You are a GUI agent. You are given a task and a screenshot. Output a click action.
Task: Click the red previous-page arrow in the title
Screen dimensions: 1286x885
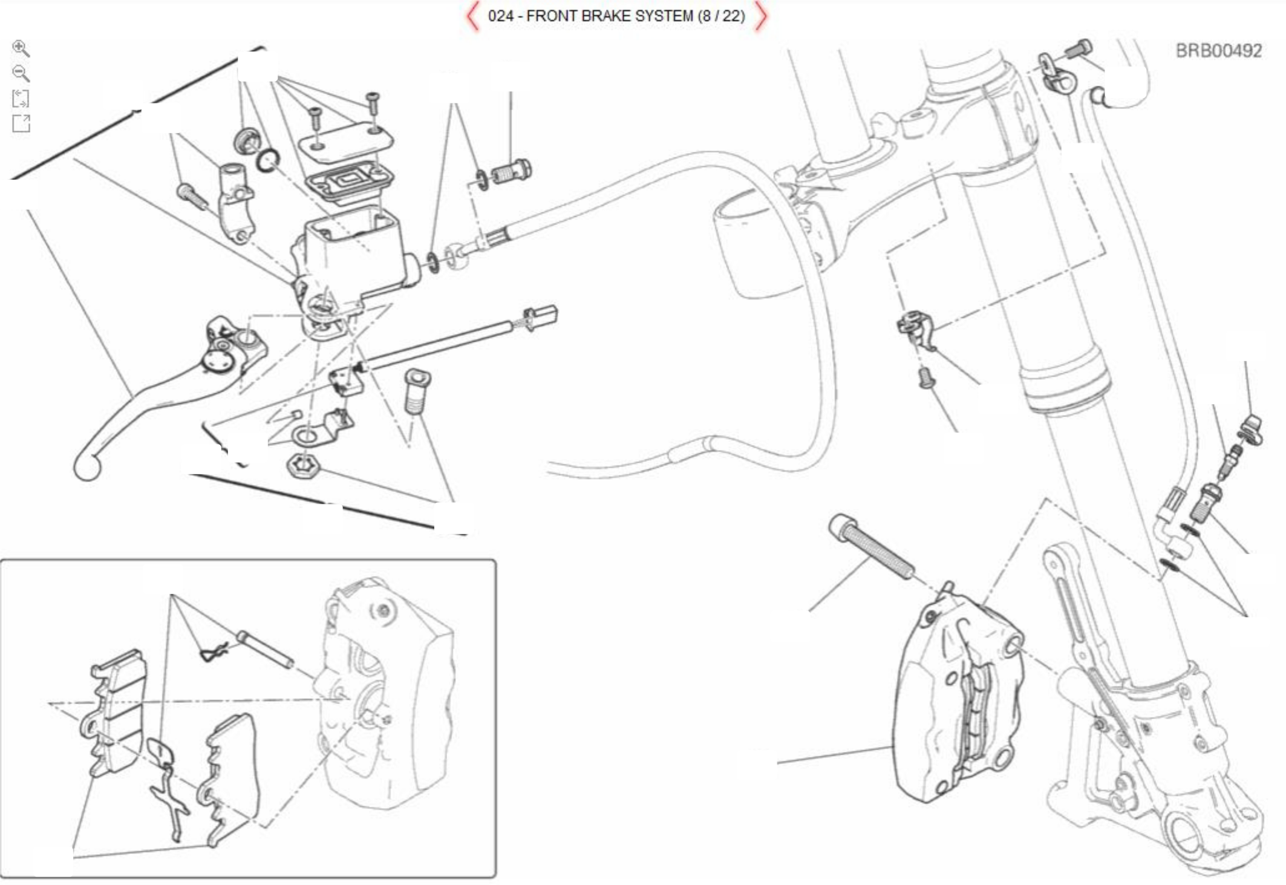[472, 16]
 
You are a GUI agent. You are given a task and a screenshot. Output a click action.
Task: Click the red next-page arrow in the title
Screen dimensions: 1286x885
[761, 16]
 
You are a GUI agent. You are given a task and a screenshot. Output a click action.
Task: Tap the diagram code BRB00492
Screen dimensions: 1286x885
[1218, 51]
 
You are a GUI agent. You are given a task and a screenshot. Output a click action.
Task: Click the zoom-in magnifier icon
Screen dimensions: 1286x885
[21, 48]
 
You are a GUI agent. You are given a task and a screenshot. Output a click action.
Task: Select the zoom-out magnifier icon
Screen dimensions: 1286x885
[21, 73]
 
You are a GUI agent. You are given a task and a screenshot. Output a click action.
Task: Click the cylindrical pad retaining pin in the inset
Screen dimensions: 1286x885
[265, 648]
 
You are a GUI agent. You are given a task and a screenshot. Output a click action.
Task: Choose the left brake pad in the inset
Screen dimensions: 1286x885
[117, 714]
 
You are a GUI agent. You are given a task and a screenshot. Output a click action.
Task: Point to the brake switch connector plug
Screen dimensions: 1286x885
[541, 318]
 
